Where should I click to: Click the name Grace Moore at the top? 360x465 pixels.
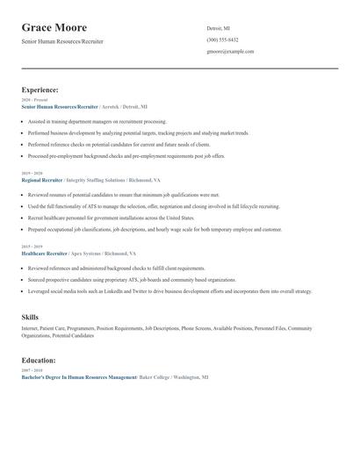(61, 27)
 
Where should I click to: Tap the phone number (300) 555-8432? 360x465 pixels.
(222, 39)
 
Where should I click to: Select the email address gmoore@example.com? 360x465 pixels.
(230, 52)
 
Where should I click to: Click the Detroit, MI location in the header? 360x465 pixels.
(219, 28)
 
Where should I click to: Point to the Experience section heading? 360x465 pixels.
(40, 89)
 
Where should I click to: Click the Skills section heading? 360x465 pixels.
(30, 316)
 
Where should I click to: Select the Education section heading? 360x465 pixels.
(39, 360)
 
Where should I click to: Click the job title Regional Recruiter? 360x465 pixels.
(42, 179)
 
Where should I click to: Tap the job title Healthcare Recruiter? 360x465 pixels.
(44, 253)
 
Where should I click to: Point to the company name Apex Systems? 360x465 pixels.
(90, 253)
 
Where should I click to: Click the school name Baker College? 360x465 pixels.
(153, 376)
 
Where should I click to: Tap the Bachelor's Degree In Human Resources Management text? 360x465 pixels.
(78, 376)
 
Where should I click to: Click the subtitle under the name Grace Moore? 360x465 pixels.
(61, 41)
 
